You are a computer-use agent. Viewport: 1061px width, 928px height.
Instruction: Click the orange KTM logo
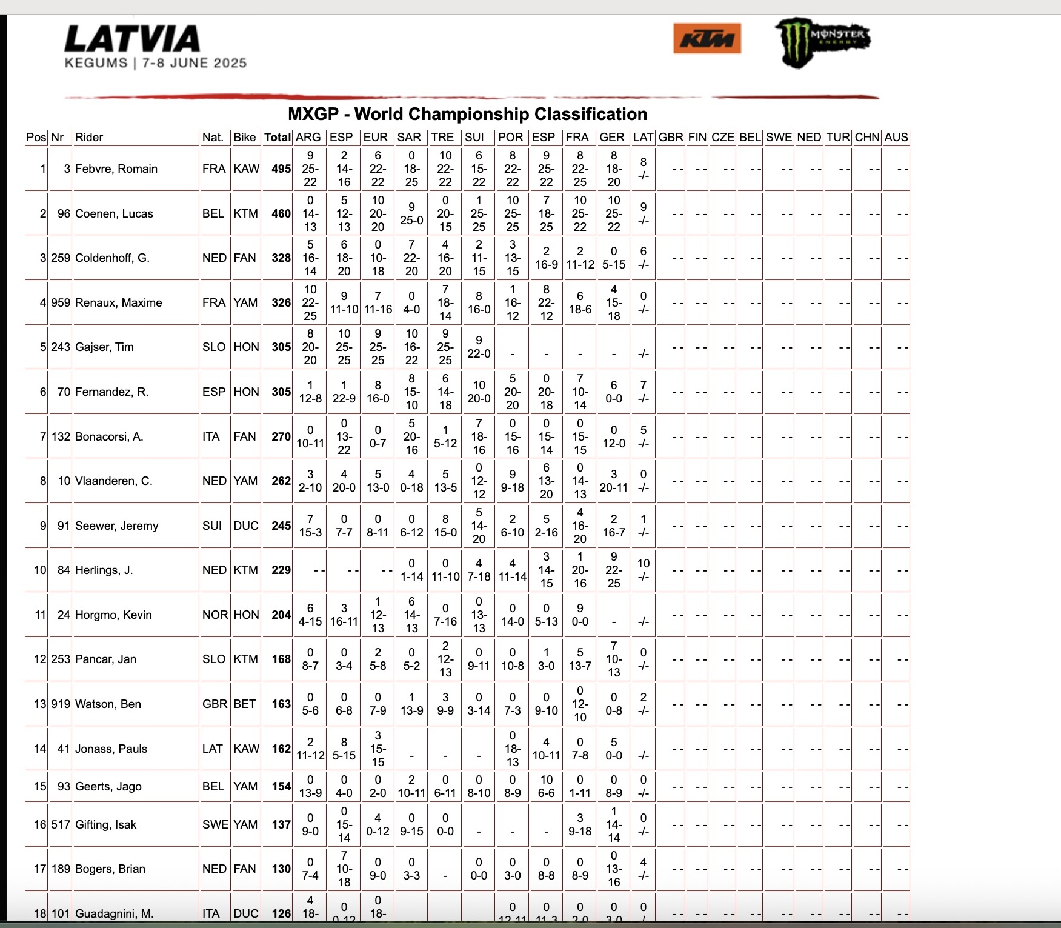(707, 39)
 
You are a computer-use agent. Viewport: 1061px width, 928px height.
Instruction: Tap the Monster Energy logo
(822, 41)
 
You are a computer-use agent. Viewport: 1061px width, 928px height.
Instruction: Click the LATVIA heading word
(132, 39)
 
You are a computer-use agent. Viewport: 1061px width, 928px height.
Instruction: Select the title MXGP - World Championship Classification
(467, 114)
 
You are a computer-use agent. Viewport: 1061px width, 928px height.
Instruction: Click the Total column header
(277, 138)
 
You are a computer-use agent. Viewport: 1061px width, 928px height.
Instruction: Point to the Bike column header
(245, 138)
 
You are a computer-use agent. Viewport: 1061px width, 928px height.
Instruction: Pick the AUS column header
(896, 138)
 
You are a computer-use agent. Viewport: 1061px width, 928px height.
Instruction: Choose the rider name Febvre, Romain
(116, 169)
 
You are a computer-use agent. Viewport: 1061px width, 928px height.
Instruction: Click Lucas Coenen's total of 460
(281, 213)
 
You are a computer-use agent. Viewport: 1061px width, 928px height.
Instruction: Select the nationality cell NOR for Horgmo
(215, 615)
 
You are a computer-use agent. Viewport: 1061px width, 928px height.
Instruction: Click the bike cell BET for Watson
(245, 704)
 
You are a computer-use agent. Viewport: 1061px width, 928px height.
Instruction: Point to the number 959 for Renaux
(61, 302)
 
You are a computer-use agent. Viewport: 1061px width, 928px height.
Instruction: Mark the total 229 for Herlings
(281, 570)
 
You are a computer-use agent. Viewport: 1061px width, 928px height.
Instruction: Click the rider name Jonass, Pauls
(111, 749)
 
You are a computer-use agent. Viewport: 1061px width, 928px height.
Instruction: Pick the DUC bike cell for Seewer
(245, 526)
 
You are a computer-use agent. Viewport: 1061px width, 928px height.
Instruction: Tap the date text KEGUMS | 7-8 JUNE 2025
(156, 63)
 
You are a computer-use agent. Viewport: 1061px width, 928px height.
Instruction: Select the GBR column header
(671, 138)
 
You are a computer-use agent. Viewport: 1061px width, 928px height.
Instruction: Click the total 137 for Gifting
(281, 824)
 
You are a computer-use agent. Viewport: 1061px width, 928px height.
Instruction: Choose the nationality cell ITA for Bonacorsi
(211, 436)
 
